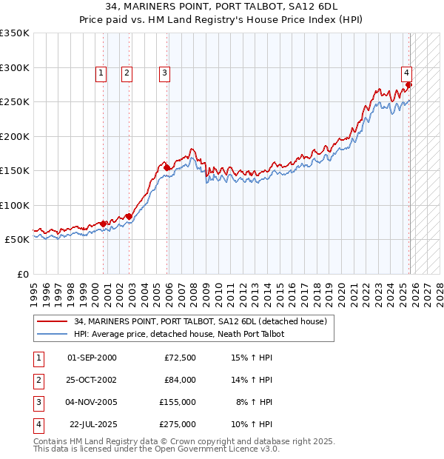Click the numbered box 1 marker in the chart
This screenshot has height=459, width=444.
pos(100,73)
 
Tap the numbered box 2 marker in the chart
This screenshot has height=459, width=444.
pos(127,73)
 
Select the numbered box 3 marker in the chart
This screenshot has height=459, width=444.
pos(164,73)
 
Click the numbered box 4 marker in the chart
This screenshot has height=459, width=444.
pos(406,73)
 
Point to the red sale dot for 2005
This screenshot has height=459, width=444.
pos(167,168)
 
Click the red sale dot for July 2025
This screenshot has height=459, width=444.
pos(408,85)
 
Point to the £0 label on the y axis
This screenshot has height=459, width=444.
pos(22,274)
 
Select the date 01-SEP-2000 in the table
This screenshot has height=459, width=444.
pos(92,358)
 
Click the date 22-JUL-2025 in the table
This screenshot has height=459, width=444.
pos(92,424)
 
